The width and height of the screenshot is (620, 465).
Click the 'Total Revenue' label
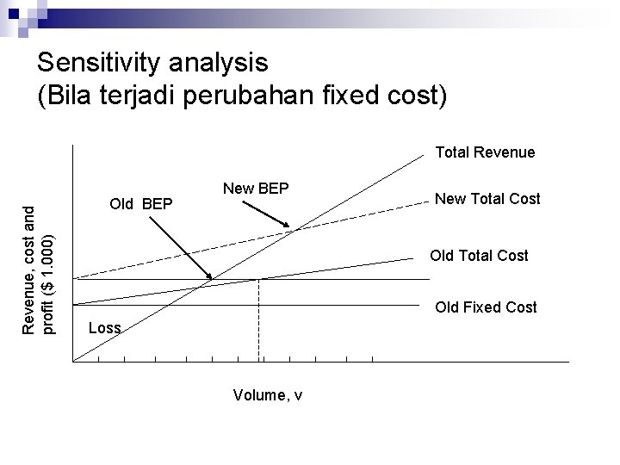pyautogui.click(x=485, y=152)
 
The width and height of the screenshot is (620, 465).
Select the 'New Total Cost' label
pyautogui.click(x=487, y=199)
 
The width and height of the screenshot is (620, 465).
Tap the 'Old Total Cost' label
pyautogui.click(x=479, y=256)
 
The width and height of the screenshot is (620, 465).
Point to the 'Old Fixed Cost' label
pyautogui.click(x=486, y=307)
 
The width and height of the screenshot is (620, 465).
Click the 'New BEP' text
pyautogui.click(x=256, y=189)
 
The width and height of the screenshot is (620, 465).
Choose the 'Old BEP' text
pyautogui.click(x=142, y=205)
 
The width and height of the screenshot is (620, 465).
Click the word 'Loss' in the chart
pyautogui.click(x=105, y=328)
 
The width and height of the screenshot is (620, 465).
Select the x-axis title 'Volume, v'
pyautogui.click(x=267, y=395)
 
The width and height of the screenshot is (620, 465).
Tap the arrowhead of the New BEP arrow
pyautogui.click(x=291, y=226)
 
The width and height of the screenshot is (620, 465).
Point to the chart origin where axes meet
pyautogui.click(x=74, y=360)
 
